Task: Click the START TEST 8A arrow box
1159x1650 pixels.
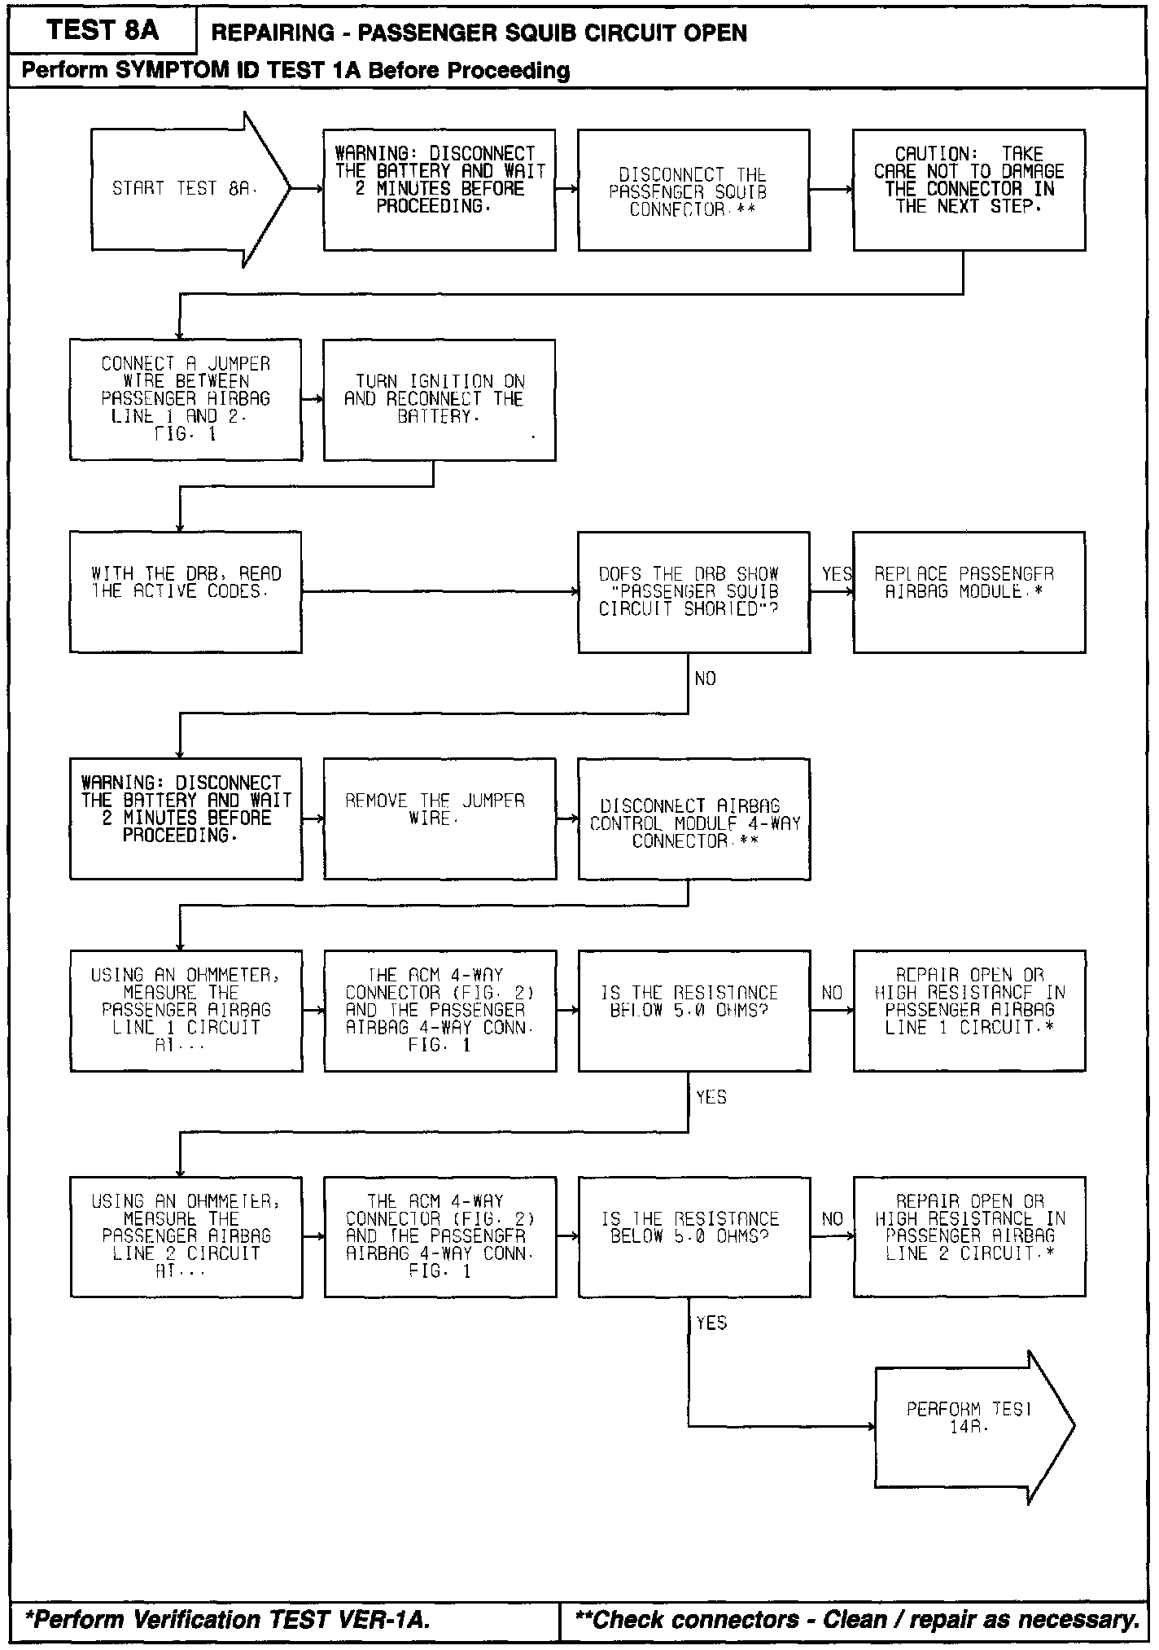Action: click(183, 189)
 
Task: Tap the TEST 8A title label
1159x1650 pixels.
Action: click(103, 31)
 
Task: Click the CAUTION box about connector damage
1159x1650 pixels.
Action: click(969, 189)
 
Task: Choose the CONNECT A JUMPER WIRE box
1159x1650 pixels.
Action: click(186, 399)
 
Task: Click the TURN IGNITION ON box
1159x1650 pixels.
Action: click(440, 399)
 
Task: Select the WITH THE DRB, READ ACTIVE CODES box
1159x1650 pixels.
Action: click(186, 591)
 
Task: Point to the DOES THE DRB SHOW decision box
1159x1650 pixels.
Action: click(693, 591)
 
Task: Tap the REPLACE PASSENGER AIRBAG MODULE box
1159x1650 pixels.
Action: click(969, 591)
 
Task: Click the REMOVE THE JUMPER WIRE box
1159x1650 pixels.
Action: click(440, 818)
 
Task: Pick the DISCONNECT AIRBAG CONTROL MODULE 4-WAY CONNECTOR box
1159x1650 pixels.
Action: click(693, 818)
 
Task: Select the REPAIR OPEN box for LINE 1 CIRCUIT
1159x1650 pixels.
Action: click(969, 1010)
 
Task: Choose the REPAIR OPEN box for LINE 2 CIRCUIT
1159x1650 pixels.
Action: click(969, 1236)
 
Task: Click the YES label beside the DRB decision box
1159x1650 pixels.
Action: click(836, 574)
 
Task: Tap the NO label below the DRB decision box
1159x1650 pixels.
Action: click(705, 678)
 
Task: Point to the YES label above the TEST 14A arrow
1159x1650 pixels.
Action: click(711, 1323)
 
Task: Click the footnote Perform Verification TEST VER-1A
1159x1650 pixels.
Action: click(228, 1620)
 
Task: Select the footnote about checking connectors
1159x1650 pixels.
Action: click(856, 1620)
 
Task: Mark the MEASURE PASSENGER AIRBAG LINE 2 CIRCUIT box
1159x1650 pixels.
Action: click(186, 1236)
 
